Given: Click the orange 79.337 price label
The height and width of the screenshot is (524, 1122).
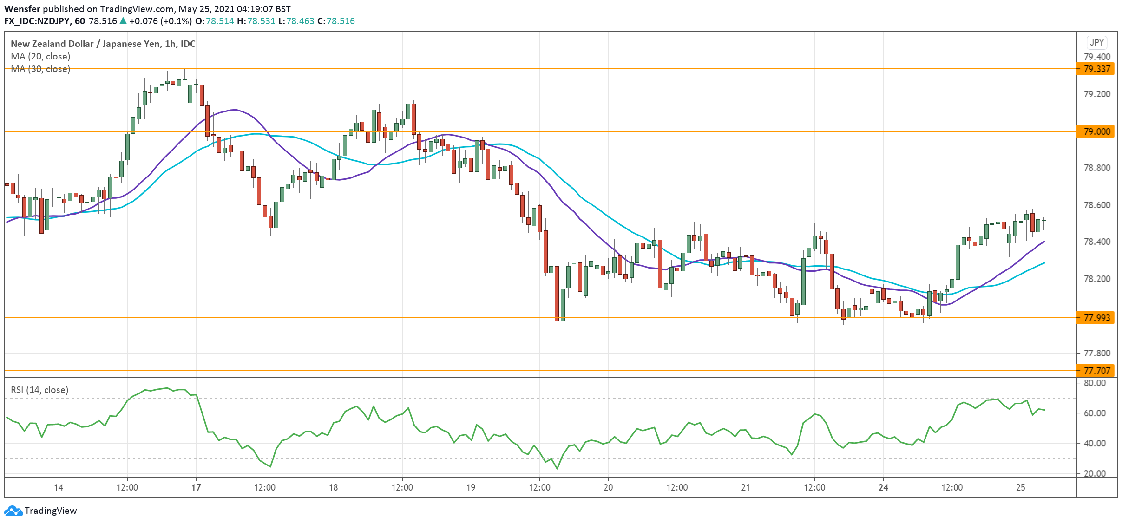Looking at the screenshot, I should (x=1096, y=69).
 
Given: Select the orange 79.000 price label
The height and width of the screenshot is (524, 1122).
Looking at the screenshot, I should (x=1096, y=131).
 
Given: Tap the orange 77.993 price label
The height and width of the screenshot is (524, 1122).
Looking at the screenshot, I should (x=1096, y=318).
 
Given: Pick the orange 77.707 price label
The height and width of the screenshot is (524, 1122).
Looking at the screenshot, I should (x=1096, y=371).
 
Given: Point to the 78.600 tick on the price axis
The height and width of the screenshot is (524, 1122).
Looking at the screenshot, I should (x=1096, y=205).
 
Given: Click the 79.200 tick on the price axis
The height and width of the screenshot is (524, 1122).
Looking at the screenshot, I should (x=1096, y=94).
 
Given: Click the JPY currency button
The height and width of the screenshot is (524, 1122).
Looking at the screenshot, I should (x=1097, y=42).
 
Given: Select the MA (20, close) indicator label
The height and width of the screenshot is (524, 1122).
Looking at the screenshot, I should (x=40, y=56).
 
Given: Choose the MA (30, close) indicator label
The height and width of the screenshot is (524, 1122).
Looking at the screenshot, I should (x=40, y=69).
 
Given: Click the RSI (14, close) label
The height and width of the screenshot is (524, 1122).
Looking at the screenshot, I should (x=39, y=390).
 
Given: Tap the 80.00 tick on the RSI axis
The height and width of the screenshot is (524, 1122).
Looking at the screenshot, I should (x=1094, y=383).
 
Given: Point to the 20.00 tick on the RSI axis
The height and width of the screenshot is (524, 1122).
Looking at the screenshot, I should (x=1094, y=473).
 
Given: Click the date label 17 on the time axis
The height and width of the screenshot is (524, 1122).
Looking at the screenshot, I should (x=196, y=487).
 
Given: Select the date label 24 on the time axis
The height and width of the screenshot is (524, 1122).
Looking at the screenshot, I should (x=883, y=487).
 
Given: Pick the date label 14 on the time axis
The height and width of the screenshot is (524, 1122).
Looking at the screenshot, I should (x=59, y=487).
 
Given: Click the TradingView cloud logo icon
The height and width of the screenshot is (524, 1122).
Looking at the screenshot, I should (x=13, y=511).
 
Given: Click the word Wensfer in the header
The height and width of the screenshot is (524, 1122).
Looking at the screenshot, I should (x=22, y=9).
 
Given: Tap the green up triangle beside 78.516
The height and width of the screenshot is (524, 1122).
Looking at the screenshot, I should (x=123, y=21).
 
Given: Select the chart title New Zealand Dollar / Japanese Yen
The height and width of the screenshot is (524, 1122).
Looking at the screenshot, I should (x=86, y=44).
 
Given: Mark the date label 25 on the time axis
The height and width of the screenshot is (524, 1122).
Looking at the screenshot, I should (x=1020, y=487).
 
